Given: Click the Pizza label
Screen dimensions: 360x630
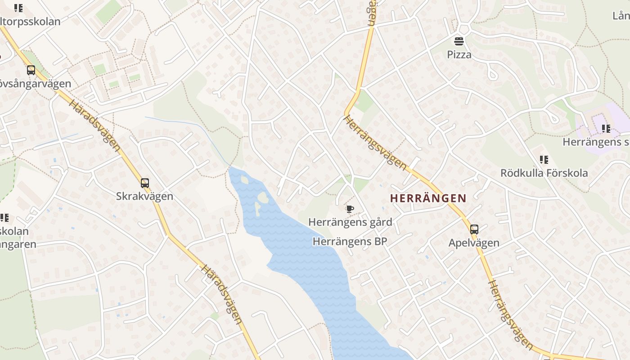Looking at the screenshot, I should pos(459,55).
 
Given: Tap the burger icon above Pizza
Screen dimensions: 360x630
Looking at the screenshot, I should pos(459,42).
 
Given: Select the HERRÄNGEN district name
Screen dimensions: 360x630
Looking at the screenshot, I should pos(428,198).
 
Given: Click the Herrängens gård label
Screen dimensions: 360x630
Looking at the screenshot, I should pos(350,222).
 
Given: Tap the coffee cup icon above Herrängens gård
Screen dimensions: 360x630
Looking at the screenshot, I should pos(350,208).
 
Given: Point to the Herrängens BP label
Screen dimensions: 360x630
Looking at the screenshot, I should pos(350,242).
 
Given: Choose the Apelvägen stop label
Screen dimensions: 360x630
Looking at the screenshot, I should pos(474,243).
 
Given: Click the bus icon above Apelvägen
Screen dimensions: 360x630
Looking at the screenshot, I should pos(474,229).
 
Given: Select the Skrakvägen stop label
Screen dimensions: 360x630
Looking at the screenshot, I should pos(144,197).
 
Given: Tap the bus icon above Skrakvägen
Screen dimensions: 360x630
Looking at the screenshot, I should pos(144,183).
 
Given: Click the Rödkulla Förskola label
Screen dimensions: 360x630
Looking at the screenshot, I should pos(544,173).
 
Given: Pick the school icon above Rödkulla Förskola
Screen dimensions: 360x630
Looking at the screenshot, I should pos(544,159).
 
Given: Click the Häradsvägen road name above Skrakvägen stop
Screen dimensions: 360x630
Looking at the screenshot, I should pos(94,126).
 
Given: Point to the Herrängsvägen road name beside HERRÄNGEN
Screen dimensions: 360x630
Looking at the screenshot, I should pos(375,142).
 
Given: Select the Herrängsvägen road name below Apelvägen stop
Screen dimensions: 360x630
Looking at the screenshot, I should pos(510,314).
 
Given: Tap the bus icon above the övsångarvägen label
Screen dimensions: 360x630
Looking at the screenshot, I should pos(31,70).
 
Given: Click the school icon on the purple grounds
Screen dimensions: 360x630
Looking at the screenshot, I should pos(606,129).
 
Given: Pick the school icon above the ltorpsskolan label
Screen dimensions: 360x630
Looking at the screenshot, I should pos(18,8).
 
